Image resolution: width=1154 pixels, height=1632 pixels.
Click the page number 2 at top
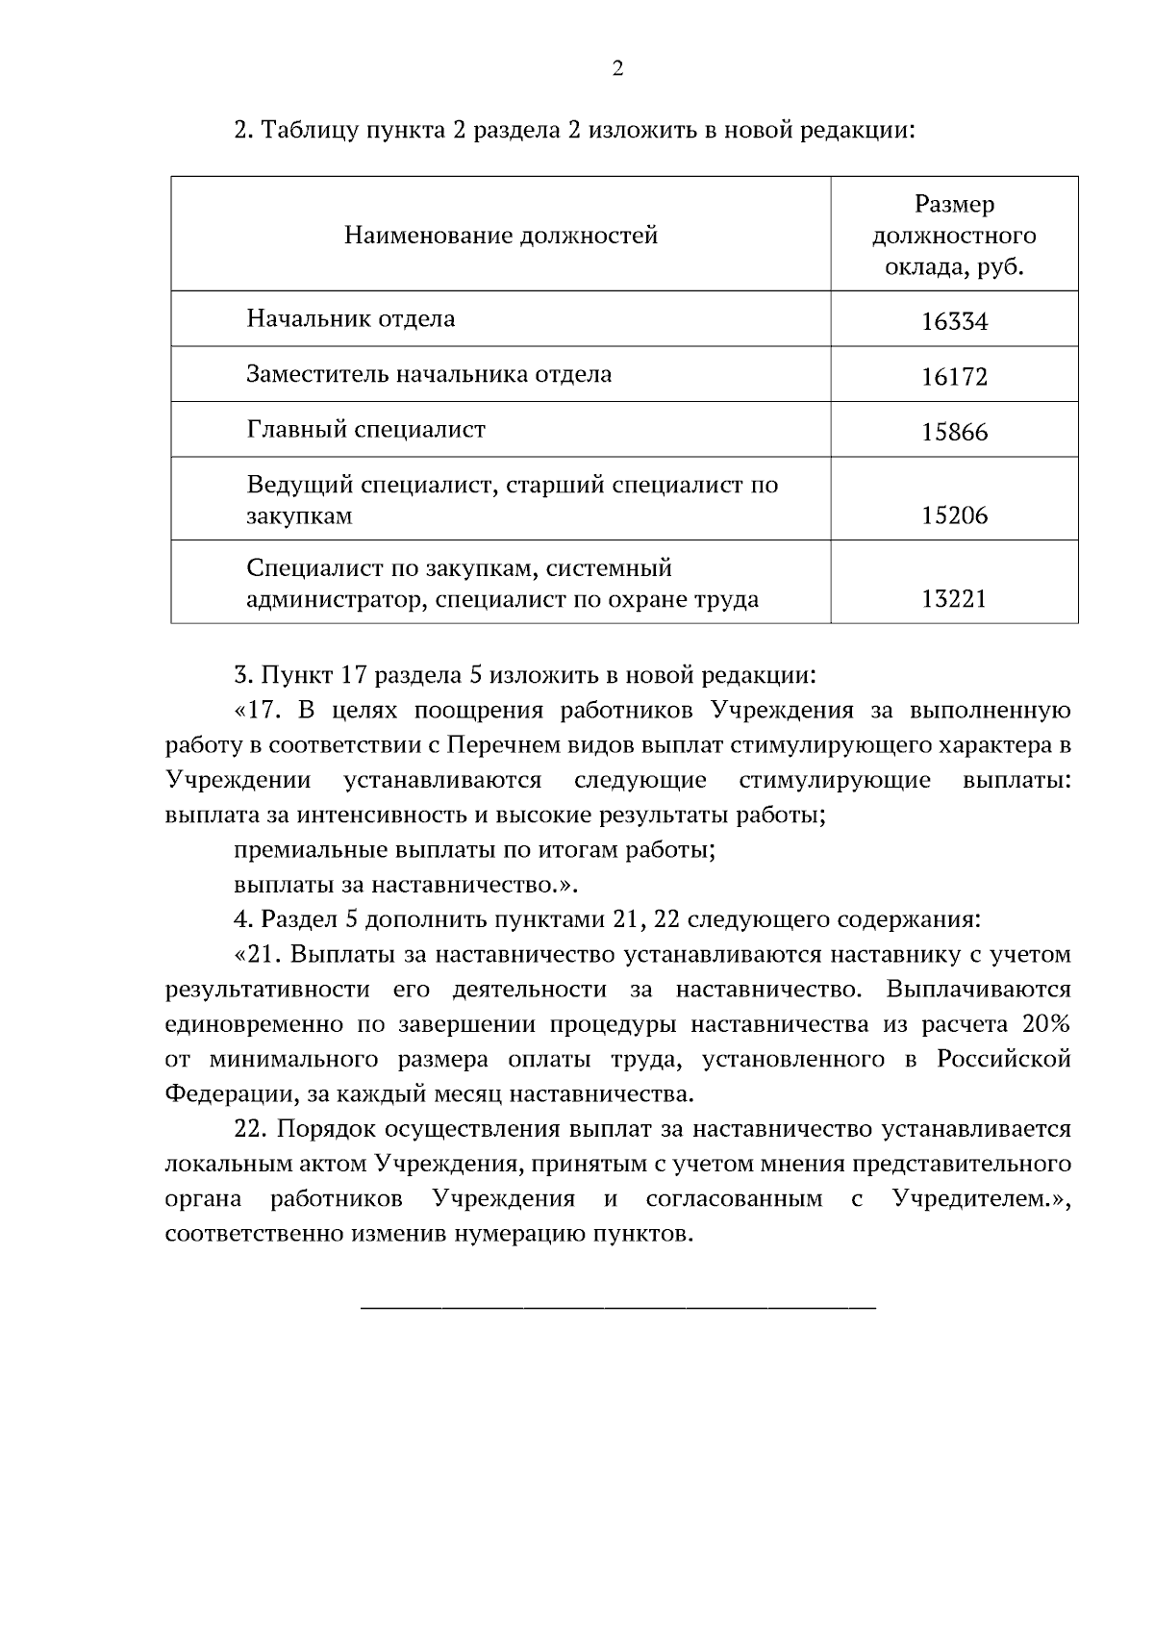click(617, 69)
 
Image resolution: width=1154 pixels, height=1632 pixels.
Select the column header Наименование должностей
click(501, 235)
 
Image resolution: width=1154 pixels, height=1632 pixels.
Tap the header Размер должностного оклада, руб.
click(954, 236)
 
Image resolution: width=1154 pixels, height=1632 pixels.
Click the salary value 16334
click(954, 322)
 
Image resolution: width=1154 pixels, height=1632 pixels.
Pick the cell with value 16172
click(954, 377)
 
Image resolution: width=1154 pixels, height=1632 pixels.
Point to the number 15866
click(954, 433)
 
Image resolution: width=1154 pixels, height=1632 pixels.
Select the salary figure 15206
click(954, 516)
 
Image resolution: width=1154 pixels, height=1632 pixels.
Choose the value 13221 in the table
click(954, 600)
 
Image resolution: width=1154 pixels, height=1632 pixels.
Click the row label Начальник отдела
click(351, 318)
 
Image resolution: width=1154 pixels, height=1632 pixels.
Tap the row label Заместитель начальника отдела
click(429, 374)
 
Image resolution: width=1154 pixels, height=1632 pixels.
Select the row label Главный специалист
click(366, 429)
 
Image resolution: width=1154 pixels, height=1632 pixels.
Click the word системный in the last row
click(609, 568)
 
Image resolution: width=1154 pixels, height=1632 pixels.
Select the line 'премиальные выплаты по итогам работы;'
click(475, 850)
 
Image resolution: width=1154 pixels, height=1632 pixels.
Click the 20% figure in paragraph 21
click(1045, 1024)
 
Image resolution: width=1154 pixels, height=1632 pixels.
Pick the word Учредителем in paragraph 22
click(969, 1199)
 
